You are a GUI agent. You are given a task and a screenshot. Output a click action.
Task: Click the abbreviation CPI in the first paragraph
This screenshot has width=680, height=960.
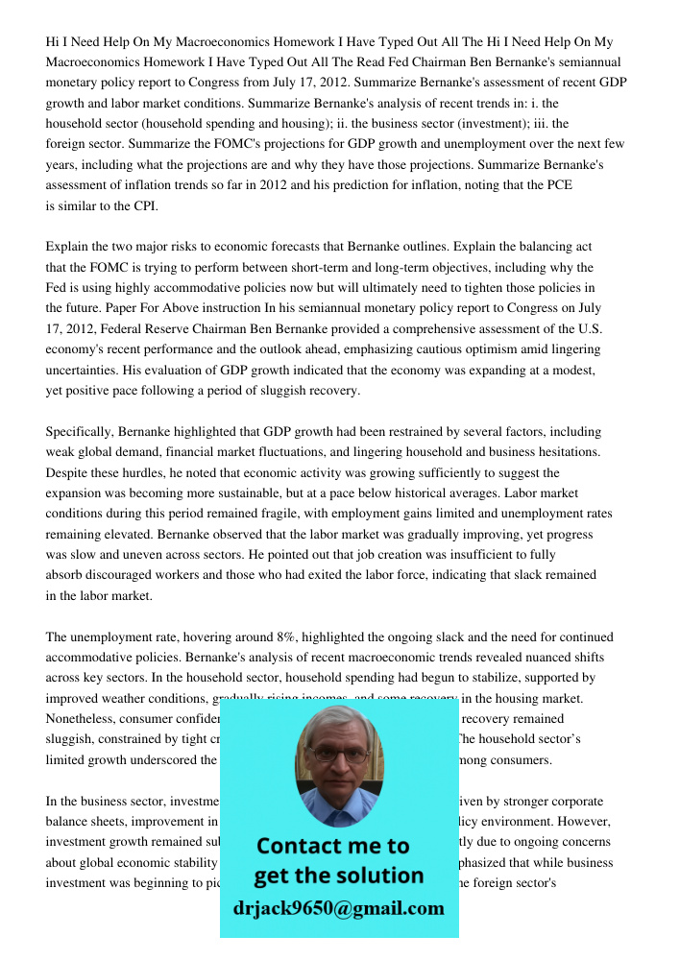pos(144,205)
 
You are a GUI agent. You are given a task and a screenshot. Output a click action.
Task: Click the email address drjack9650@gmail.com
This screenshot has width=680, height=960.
pos(338,908)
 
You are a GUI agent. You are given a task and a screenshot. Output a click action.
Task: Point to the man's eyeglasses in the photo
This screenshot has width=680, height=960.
pos(338,755)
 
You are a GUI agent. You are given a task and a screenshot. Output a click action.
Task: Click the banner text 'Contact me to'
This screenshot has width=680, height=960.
pos(332,846)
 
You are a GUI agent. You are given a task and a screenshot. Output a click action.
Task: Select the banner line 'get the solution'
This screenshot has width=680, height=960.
pos(338,876)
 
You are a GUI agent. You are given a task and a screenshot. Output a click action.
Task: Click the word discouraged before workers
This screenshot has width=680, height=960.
pos(121,575)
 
